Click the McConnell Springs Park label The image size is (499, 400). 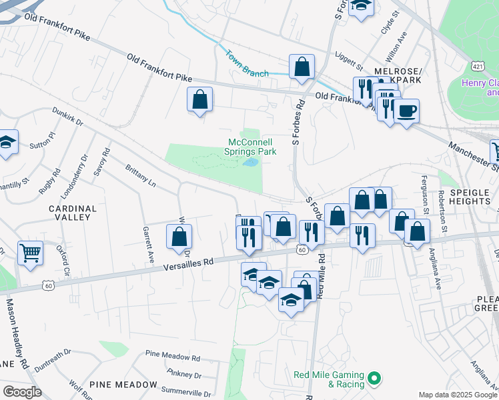252,147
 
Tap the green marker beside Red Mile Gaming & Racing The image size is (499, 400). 374,379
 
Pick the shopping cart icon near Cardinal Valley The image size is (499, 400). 30,253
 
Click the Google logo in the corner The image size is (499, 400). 22,391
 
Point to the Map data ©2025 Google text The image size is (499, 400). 458,395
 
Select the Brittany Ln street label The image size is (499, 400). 140,174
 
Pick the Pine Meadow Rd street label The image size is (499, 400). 172,357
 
